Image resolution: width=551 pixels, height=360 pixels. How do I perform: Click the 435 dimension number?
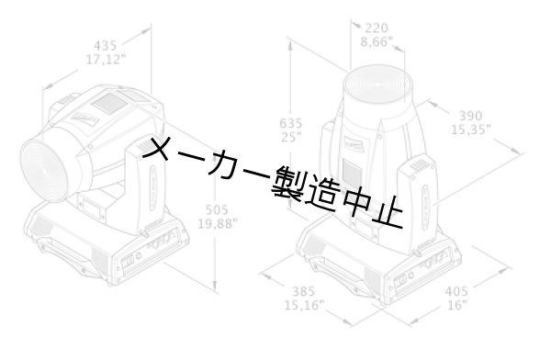tap(106, 43)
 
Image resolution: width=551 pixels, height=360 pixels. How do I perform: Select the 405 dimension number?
tap(457, 292)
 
